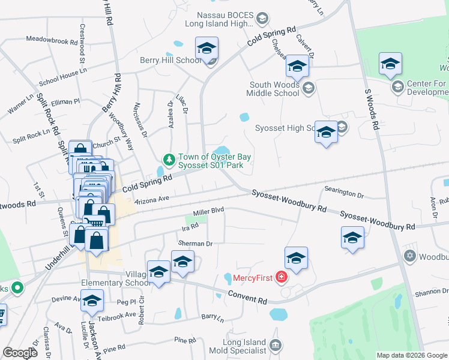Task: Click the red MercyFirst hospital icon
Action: click(x=281, y=277)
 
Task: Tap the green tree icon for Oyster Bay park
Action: click(x=169, y=160)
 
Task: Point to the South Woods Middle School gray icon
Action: click(x=308, y=89)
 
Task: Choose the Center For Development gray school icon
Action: click(x=397, y=88)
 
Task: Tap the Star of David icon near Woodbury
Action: click(x=411, y=256)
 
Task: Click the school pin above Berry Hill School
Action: click(x=206, y=49)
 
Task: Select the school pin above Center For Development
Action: click(x=390, y=65)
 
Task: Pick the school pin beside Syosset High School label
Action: click(x=326, y=133)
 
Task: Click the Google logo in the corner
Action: click(x=20, y=353)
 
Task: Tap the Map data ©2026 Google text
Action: click(x=411, y=355)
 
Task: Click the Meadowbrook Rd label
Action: click(x=52, y=41)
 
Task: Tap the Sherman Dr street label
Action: click(x=196, y=244)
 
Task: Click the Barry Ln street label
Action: click(x=213, y=316)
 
